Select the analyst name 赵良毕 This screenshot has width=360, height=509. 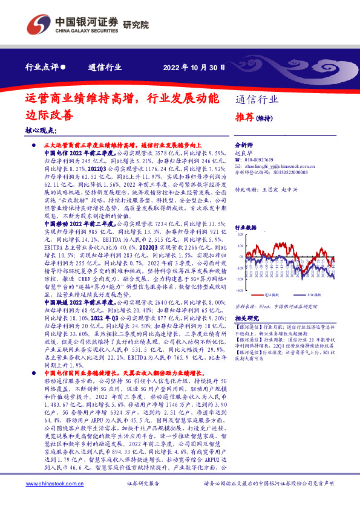pyautogui.click(x=242, y=154)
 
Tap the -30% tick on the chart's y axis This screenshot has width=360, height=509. pyautogui.click(x=240, y=290)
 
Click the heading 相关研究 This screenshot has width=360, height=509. pyautogui.click(x=246, y=317)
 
